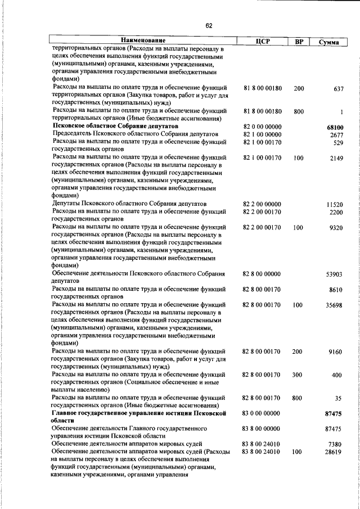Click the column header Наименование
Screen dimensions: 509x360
click(x=142, y=40)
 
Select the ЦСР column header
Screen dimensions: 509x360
click(x=263, y=41)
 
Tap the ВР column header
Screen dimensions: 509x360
click(x=299, y=41)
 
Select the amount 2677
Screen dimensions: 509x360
click(x=336, y=136)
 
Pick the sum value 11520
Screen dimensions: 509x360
click(x=335, y=205)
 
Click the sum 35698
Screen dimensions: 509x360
click(x=335, y=305)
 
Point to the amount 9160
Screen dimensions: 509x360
click(x=336, y=352)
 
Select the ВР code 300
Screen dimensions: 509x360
click(x=299, y=375)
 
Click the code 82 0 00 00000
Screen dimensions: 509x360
click(x=262, y=128)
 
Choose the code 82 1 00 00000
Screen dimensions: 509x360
click(x=262, y=136)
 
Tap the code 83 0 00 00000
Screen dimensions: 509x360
click(x=262, y=413)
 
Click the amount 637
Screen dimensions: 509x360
click(x=338, y=89)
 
